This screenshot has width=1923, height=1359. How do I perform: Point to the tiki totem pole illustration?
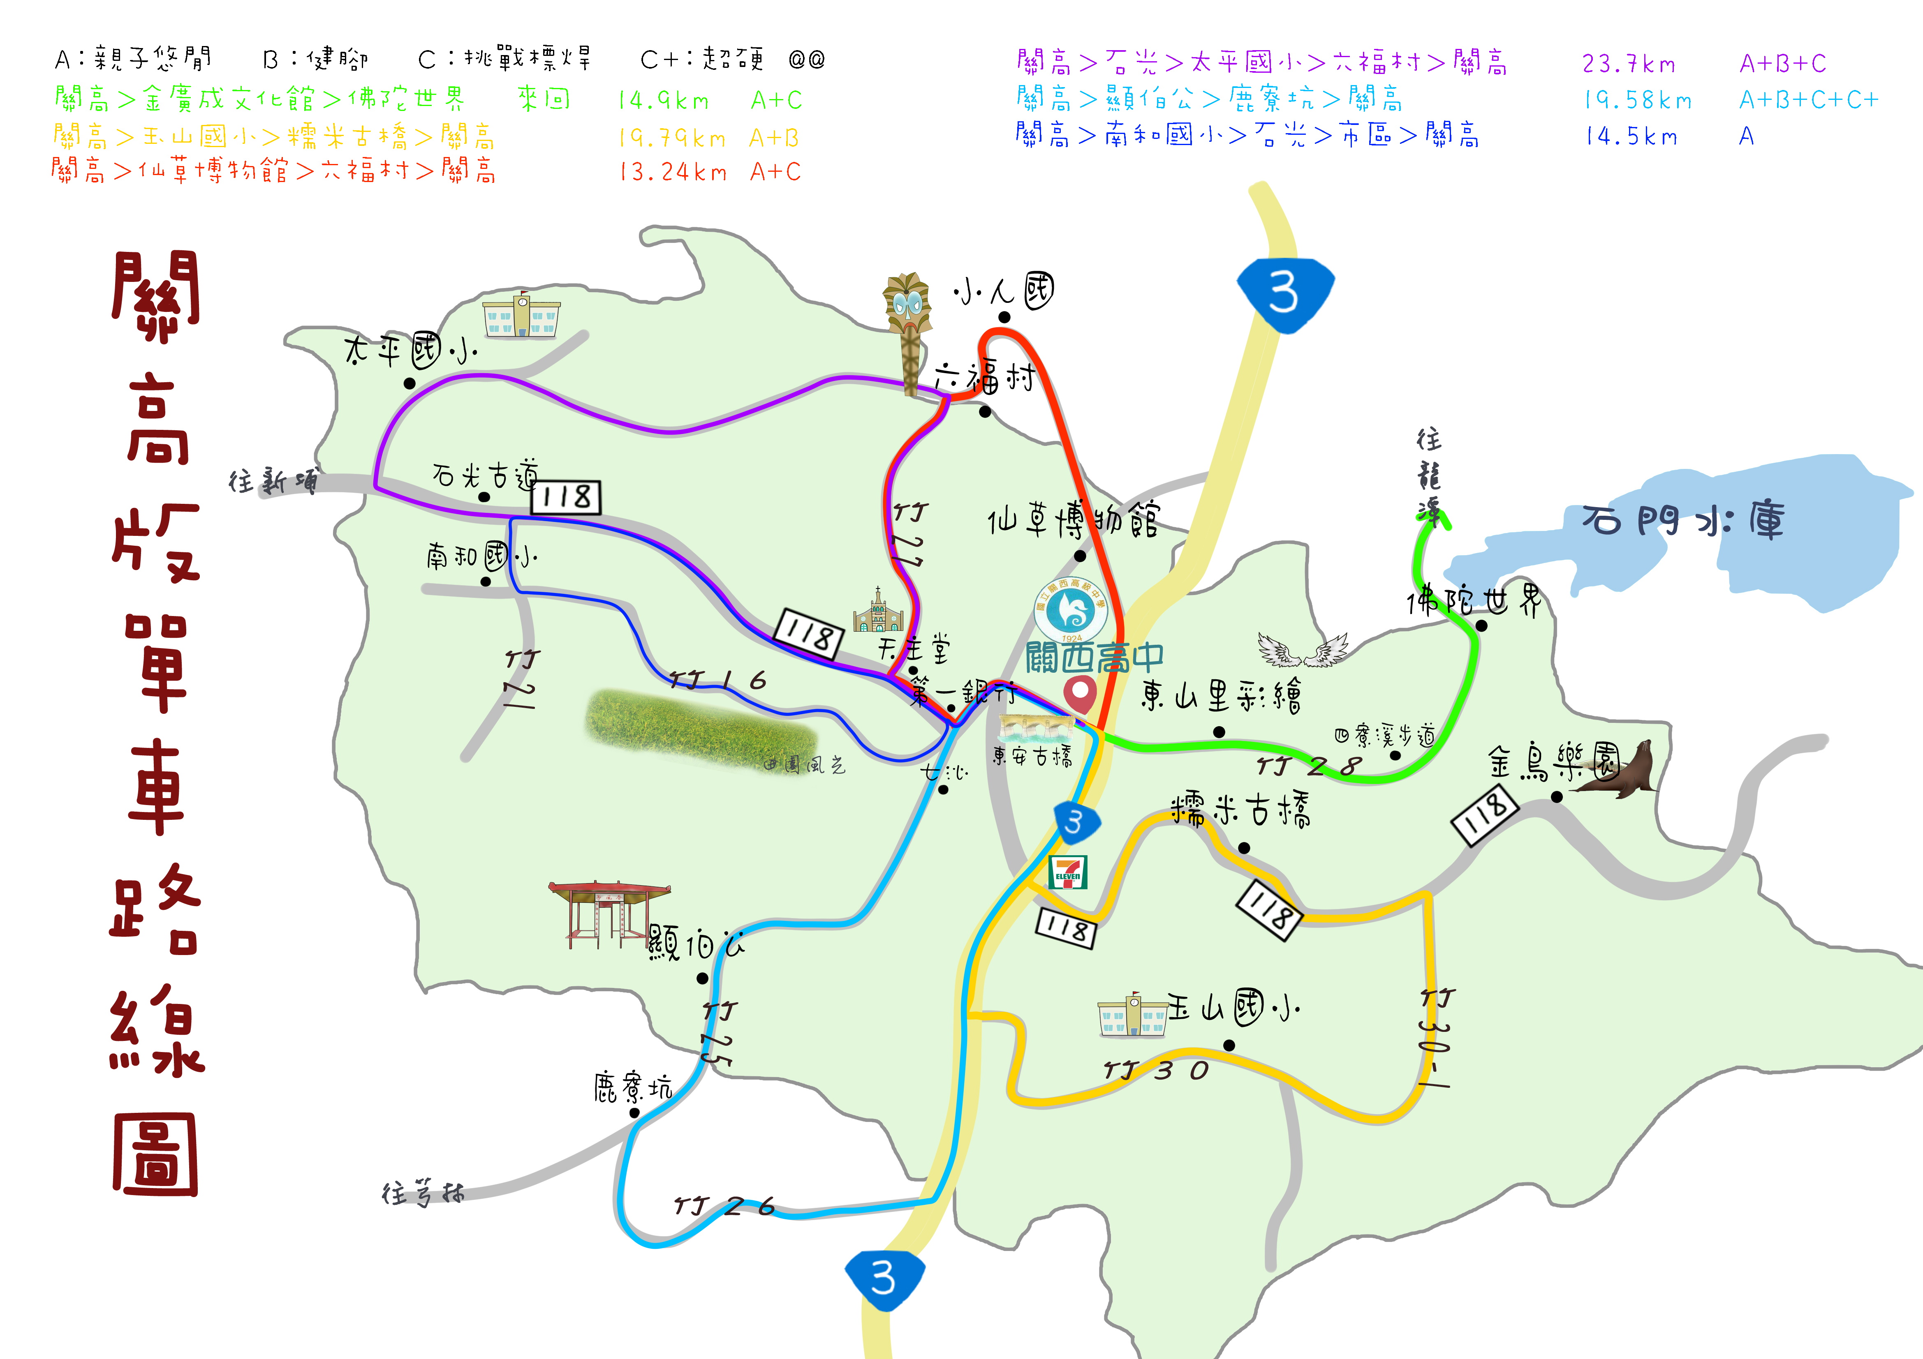pyautogui.click(x=908, y=331)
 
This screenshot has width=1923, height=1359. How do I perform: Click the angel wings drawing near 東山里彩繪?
pyautogui.click(x=1303, y=650)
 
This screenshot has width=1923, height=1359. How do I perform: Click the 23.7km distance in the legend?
pyautogui.click(x=1628, y=64)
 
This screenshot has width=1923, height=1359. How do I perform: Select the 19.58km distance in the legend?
pyautogui.click(x=1636, y=101)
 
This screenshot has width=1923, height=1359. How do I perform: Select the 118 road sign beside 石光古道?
pyautogui.click(x=566, y=497)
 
